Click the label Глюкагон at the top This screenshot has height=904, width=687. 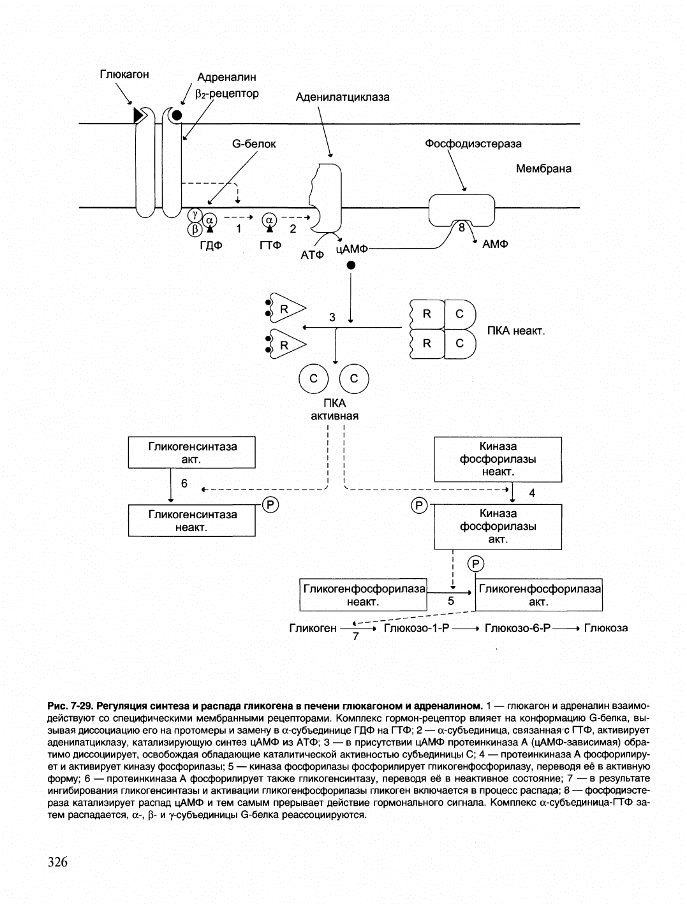(124, 75)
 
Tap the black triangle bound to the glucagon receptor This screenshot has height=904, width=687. (138, 115)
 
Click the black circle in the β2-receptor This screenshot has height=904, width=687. (177, 115)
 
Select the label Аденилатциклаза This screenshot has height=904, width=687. (343, 97)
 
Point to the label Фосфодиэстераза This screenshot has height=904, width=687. (473, 144)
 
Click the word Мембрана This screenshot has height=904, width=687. (543, 169)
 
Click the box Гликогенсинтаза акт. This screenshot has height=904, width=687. (192, 453)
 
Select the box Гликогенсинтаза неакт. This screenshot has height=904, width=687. (192, 520)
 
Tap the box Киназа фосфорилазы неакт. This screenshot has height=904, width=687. (498, 459)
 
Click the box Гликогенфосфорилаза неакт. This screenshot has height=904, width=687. (363, 595)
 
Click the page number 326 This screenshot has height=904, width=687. (57, 863)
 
